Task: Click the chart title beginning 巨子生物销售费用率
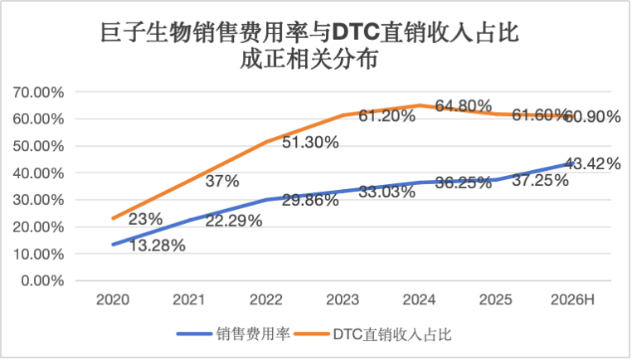309,46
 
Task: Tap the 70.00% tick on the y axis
38,92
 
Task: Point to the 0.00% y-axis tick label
42,280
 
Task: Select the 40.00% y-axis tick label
38,173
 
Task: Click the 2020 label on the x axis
113,299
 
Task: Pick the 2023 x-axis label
343,299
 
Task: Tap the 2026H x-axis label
572,299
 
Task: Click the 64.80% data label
464,106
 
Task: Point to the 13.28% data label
157,245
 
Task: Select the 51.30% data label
310,143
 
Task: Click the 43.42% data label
592,163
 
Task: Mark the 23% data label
145,219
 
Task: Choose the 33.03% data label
387,192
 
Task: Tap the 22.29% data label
234,221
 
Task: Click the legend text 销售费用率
253,333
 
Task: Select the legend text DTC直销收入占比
392,334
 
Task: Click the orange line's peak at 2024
419,105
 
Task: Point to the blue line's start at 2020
113,245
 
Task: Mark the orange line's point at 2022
266,142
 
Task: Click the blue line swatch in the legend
194,333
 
